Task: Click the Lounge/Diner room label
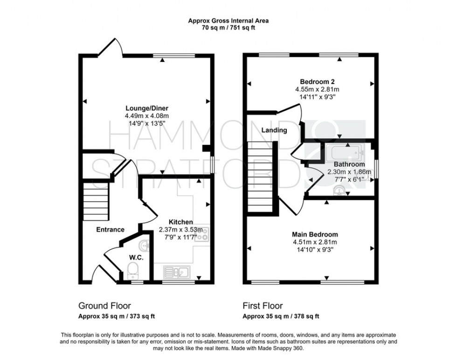click(x=146, y=108)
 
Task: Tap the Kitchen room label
click(x=181, y=222)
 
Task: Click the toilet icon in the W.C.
click(x=132, y=269)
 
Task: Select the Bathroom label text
click(x=349, y=165)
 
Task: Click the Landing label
click(x=274, y=130)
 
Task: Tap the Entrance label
click(x=110, y=229)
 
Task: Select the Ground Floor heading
click(x=104, y=306)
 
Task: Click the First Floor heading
click(x=263, y=306)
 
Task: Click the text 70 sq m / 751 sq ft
click(x=228, y=28)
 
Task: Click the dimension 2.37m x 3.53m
click(x=181, y=229)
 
